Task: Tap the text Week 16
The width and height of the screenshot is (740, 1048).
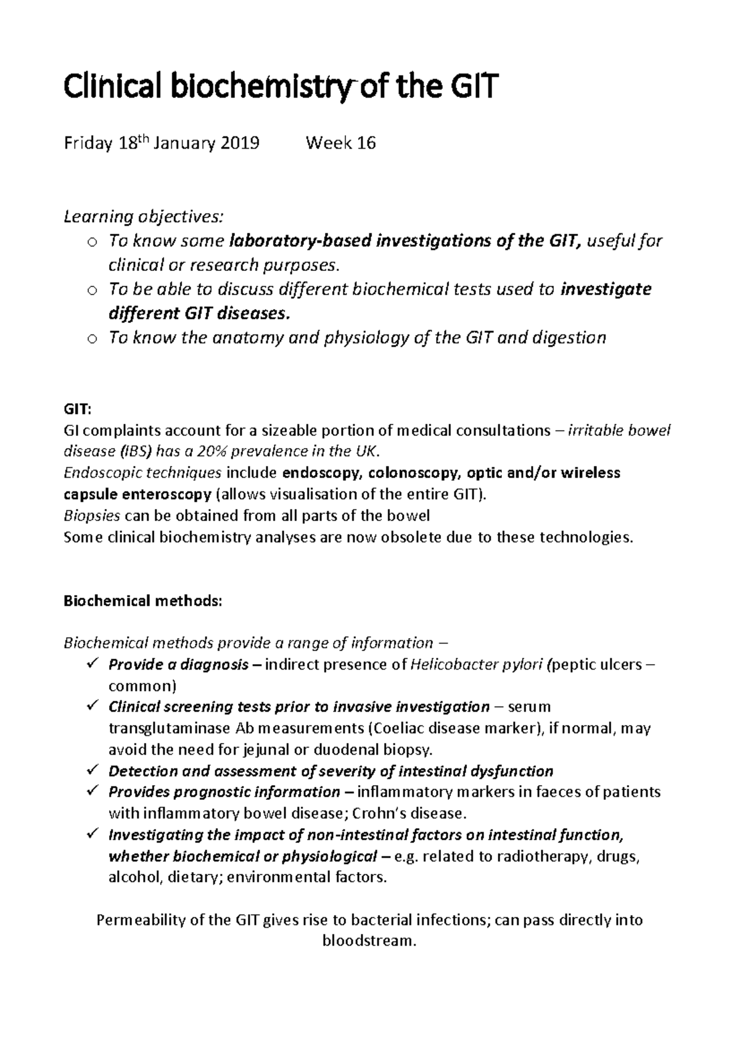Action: (340, 144)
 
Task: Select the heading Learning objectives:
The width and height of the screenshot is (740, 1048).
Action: (144, 217)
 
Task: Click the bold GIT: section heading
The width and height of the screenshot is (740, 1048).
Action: (77, 409)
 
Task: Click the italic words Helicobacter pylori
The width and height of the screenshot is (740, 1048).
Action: (477, 665)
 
